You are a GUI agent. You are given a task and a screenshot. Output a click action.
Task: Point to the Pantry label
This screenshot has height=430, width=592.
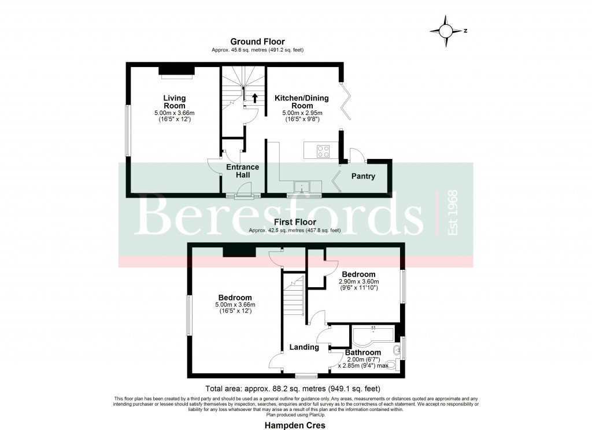pyautogui.click(x=363, y=176)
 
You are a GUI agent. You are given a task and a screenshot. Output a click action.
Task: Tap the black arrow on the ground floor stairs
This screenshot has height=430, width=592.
pyautogui.click(x=254, y=98)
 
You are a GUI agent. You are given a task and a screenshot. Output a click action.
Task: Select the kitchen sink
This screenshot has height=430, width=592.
pyautogui.click(x=302, y=186)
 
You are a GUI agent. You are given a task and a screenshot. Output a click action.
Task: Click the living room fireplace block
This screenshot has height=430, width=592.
pyautogui.click(x=176, y=71)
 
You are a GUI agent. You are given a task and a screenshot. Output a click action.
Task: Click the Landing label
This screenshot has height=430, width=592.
pyautogui.click(x=304, y=347)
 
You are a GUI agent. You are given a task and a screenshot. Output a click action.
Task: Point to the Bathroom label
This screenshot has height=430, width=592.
pyautogui.click(x=363, y=353)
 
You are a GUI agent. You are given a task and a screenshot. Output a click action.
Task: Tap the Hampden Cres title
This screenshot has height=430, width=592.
pyautogui.click(x=295, y=425)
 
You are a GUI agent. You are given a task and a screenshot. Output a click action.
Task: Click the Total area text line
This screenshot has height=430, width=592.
pyautogui.click(x=294, y=388)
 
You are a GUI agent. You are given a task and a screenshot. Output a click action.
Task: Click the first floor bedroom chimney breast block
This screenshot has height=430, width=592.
pyautogui.click(x=239, y=250)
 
